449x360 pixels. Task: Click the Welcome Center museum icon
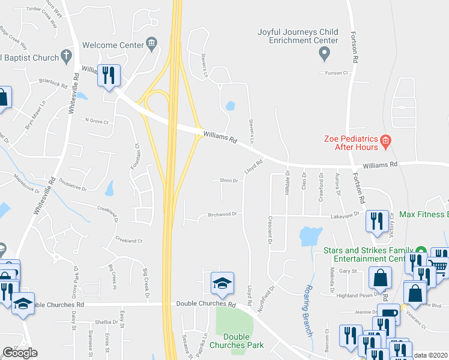point(151,44)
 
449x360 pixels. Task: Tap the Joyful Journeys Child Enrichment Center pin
point(324,55)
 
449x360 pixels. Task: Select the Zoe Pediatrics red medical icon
point(385,142)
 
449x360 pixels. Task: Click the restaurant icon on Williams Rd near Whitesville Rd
point(109,75)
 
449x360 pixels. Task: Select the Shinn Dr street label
point(229,181)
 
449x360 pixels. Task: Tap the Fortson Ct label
point(337,73)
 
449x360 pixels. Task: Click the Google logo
point(20,353)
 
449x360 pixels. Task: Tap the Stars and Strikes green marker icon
point(421,250)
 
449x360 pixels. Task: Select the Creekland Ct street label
point(128,241)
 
